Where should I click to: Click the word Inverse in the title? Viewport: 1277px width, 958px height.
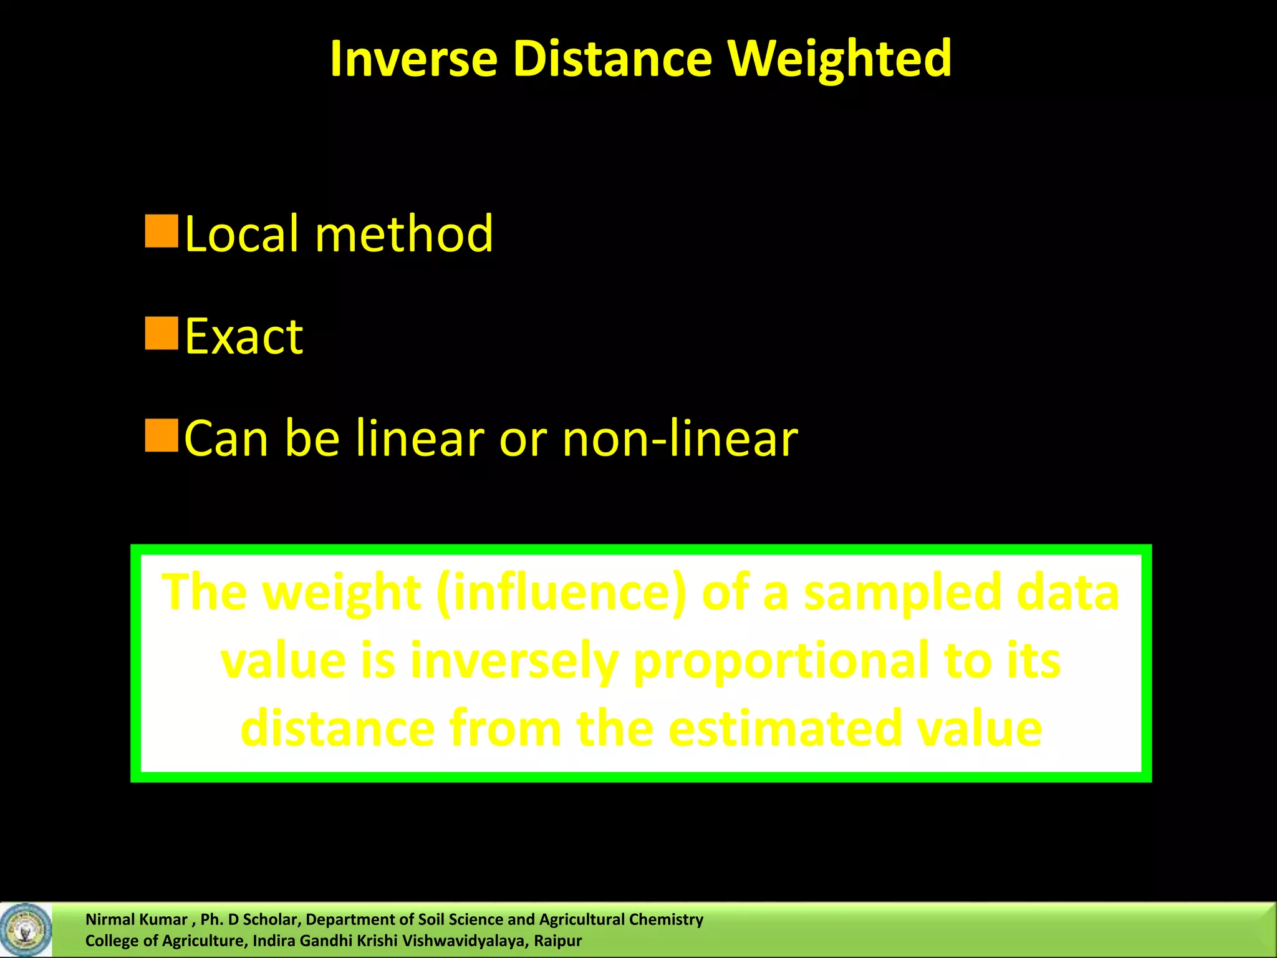413,59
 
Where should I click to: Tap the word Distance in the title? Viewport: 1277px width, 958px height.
612,59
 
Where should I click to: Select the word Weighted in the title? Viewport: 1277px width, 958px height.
839,59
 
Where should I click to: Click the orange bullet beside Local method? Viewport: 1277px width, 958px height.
161,231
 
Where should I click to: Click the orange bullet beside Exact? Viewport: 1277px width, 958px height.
161,333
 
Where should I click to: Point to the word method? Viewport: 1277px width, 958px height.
404,234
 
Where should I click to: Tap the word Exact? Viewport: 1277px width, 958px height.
244,337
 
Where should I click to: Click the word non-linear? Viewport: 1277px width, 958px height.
680,438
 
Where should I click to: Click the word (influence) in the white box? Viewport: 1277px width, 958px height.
561,593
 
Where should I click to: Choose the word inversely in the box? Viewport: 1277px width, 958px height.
513,661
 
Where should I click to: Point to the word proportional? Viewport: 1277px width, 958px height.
780,661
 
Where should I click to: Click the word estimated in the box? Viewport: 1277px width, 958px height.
784,728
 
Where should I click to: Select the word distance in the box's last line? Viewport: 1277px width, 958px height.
337,728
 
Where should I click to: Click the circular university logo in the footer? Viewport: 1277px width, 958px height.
26,930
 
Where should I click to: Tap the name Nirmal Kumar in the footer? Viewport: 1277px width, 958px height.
136,919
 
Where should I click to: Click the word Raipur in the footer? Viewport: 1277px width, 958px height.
557,941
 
